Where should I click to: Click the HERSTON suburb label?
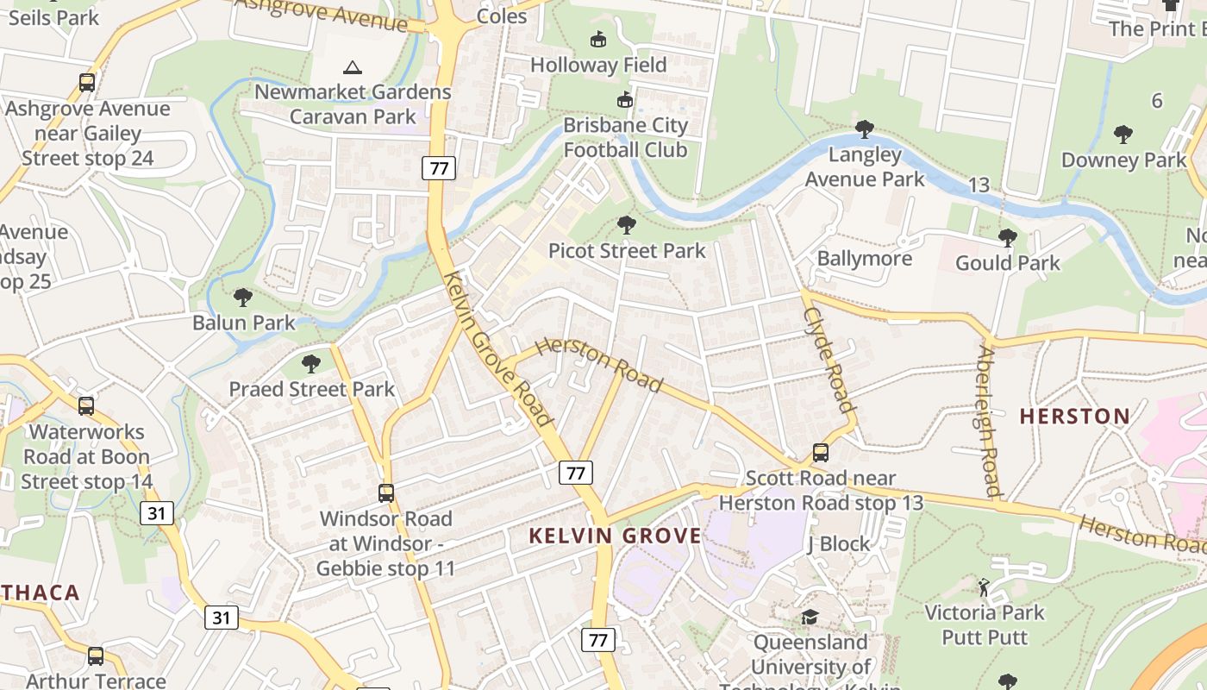pyautogui.click(x=1074, y=417)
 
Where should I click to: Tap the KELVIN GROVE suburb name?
pyautogui.click(x=615, y=536)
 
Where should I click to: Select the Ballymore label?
pyautogui.click(x=864, y=259)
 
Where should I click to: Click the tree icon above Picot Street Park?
pyautogui.click(x=627, y=226)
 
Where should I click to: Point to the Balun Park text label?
pyautogui.click(x=244, y=323)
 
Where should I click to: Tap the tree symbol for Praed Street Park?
pyautogui.click(x=311, y=363)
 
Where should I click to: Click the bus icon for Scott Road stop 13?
pyautogui.click(x=821, y=453)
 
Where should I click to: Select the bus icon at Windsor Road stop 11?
pyautogui.click(x=386, y=493)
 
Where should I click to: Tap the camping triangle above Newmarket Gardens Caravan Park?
pyautogui.click(x=352, y=67)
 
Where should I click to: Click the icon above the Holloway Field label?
pyautogui.click(x=597, y=40)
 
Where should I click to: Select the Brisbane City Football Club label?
pyautogui.click(x=625, y=137)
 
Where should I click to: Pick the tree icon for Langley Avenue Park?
pyautogui.click(x=864, y=130)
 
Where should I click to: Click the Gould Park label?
pyautogui.click(x=1007, y=263)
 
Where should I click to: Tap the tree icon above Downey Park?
pyautogui.click(x=1123, y=135)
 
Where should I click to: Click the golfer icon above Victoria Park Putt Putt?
pyautogui.click(x=984, y=587)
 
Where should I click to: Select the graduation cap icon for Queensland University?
pyautogui.click(x=810, y=617)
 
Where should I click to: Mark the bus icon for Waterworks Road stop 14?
pyautogui.click(x=86, y=406)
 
